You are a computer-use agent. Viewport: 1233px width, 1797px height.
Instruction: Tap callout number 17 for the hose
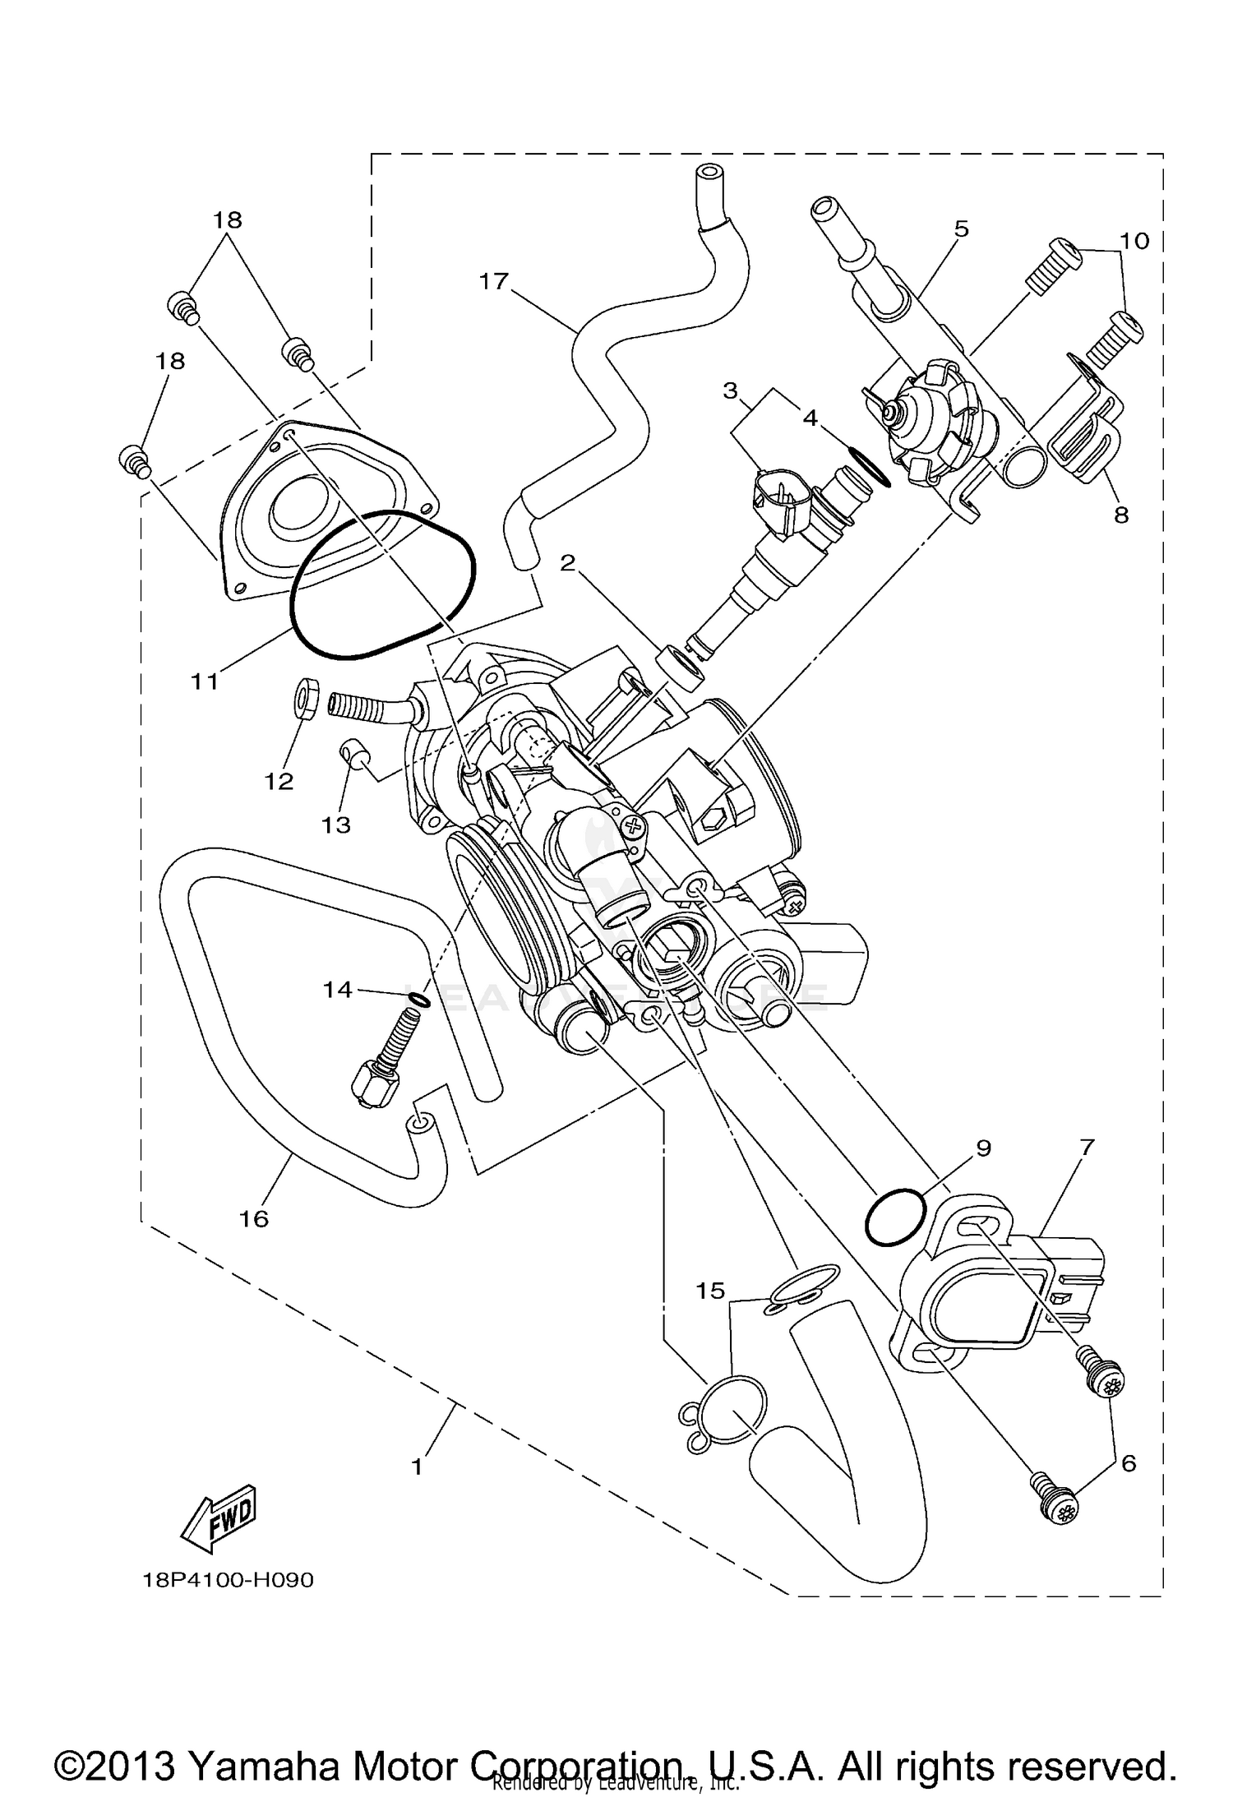[x=494, y=282]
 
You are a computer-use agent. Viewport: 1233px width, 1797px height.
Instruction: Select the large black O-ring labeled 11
[x=382, y=584]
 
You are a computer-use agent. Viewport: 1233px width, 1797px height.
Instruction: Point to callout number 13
[x=336, y=824]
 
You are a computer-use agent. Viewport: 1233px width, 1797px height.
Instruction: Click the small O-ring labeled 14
[x=418, y=1000]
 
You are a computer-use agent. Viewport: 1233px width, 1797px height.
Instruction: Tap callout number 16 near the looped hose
[x=254, y=1218]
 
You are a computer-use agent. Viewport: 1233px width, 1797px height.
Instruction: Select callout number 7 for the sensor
[x=1087, y=1147]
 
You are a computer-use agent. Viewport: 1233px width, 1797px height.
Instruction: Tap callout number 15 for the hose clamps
[x=711, y=1291]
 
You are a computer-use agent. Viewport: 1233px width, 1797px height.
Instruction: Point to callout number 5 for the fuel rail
[x=961, y=229]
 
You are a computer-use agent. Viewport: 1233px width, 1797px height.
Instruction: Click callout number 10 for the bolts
[x=1134, y=241]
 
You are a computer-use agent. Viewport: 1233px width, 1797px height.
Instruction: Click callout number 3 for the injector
[x=730, y=390]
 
